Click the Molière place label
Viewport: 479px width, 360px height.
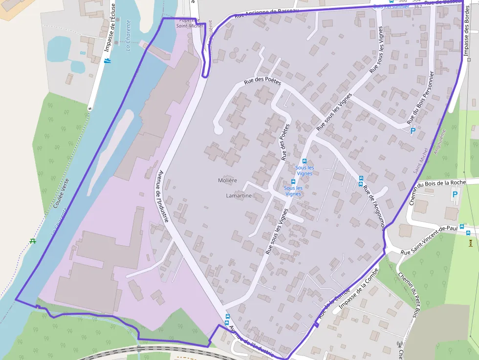228,180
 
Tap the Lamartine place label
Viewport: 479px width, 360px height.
239,196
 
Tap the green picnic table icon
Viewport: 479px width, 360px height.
33,241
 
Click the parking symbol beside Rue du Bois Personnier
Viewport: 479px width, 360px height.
413,131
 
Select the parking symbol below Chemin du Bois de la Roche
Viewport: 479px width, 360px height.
456,194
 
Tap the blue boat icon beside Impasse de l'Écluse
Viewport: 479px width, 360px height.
108,61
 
